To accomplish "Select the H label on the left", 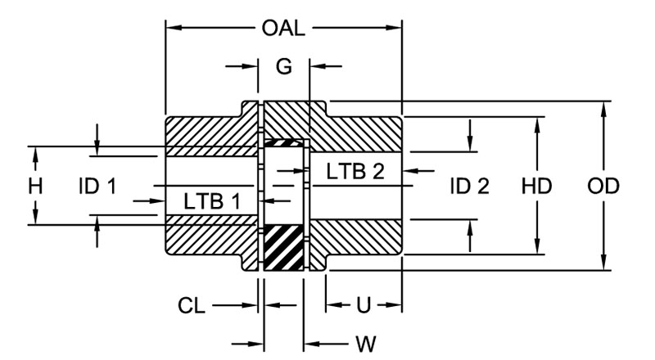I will [34, 187].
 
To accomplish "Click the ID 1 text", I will [97, 187].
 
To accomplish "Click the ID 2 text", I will [469, 187].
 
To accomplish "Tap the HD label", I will [537, 187].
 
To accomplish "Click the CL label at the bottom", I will [192, 306].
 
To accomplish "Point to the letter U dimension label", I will [364, 306].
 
